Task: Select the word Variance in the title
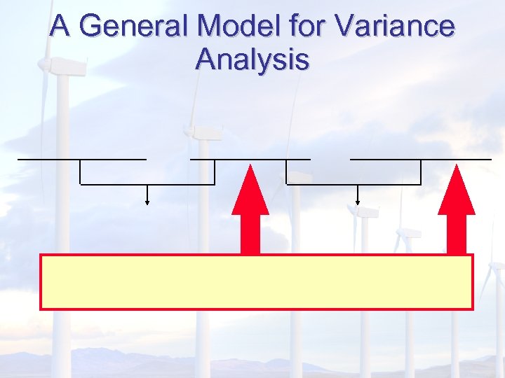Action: coord(395,27)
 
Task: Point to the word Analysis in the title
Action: coord(252,59)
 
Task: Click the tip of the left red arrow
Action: coord(250,167)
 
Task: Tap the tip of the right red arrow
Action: coord(457,167)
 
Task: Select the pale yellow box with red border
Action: coord(256,281)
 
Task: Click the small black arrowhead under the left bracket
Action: coord(147,202)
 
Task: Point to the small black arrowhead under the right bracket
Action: coord(358,202)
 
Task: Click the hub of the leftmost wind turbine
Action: coord(45,64)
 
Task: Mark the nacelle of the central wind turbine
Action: coord(203,132)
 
